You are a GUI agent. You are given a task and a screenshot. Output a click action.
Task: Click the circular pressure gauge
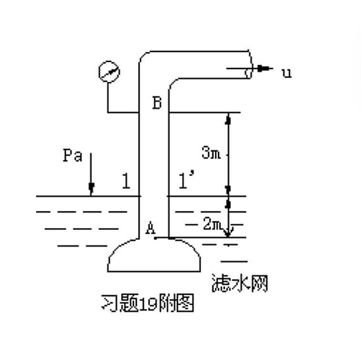[x=109, y=71]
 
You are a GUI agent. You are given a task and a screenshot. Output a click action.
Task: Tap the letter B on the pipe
[x=157, y=103]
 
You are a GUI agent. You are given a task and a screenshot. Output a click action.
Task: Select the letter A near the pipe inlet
[x=150, y=228]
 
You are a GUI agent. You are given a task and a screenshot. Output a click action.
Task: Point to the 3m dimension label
[x=211, y=152]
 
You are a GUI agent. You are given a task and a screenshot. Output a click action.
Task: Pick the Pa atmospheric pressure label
[x=72, y=155]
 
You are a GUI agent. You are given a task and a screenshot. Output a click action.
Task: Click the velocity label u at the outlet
[x=287, y=73]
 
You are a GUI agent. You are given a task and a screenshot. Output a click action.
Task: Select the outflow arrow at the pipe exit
[x=250, y=69]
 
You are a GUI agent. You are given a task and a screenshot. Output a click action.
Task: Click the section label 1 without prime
[x=126, y=181]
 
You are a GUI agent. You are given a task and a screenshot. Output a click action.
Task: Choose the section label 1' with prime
[x=187, y=180]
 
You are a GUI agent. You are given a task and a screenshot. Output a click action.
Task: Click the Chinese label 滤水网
[x=240, y=283]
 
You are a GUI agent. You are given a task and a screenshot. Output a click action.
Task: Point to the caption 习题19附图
[x=148, y=302]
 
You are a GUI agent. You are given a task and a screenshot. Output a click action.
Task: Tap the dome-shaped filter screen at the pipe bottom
[x=154, y=255]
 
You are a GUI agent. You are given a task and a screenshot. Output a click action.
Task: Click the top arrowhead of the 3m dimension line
[x=228, y=119]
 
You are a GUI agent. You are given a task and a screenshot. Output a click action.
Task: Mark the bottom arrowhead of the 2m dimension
[x=228, y=233]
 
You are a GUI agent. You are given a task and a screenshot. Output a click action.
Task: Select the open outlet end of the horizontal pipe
[x=250, y=64]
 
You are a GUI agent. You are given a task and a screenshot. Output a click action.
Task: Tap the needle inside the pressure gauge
[x=109, y=71]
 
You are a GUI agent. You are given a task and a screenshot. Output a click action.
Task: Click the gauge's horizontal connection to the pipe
[x=123, y=112]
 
